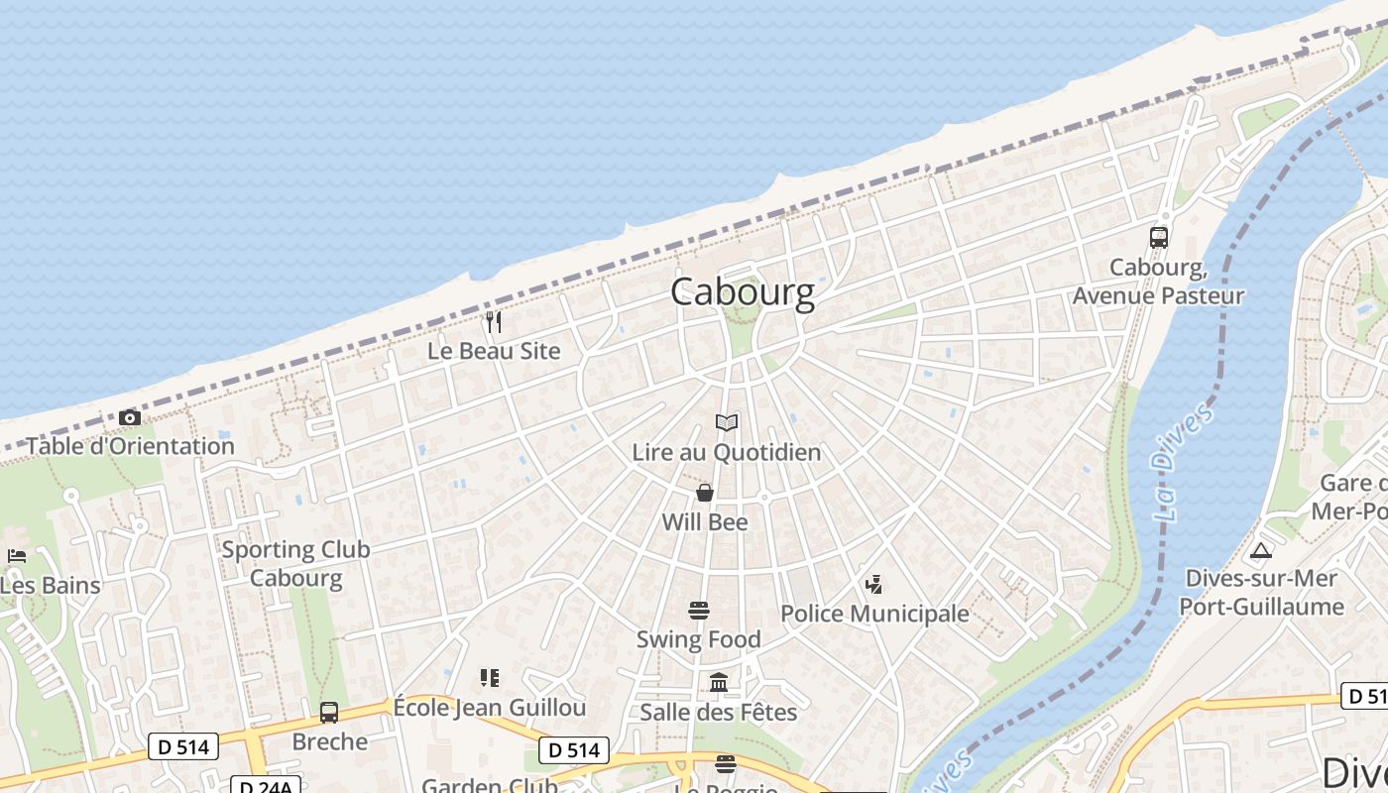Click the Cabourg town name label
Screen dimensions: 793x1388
tap(743, 292)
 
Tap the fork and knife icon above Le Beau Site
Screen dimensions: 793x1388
tap(494, 322)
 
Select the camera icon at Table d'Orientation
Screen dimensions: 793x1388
tap(129, 418)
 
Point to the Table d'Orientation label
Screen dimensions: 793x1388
tap(130, 446)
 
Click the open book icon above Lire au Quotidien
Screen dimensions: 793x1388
tap(727, 423)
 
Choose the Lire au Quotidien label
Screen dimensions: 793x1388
tap(727, 452)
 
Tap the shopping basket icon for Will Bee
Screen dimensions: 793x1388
tap(705, 493)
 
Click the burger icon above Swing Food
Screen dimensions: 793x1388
tap(699, 611)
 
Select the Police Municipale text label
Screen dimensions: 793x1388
tap(874, 614)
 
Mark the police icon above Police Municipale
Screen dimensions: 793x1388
tap(873, 585)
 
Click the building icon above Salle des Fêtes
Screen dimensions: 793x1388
tap(719, 683)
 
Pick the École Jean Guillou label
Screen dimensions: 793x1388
tap(490, 708)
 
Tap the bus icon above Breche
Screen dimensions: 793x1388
tap(329, 713)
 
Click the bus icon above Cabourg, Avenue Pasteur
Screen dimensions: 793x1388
tap(1158, 238)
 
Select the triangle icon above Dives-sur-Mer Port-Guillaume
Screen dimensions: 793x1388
tap(1261, 550)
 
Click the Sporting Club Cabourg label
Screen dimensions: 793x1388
tap(295, 563)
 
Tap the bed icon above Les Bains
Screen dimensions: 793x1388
tap(16, 556)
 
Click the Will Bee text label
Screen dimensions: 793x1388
tap(705, 521)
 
